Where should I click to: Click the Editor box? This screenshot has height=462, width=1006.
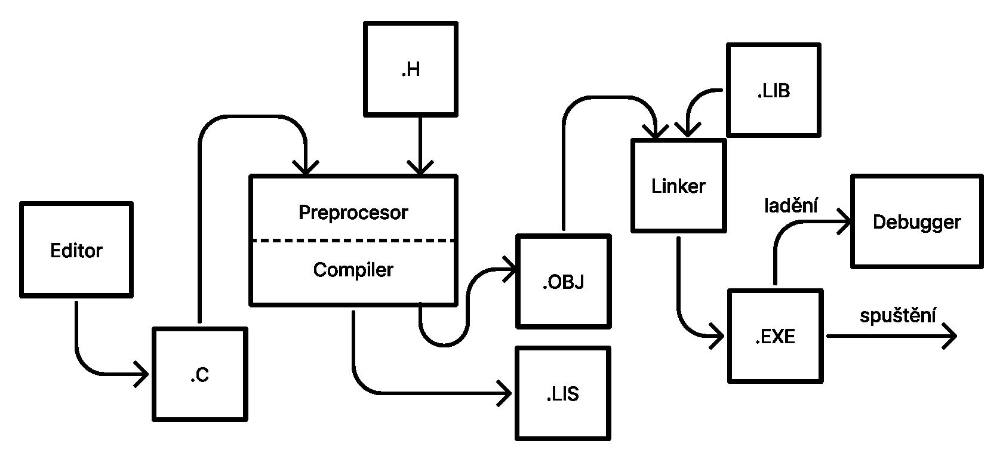(x=76, y=250)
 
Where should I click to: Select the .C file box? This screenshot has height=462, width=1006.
(x=199, y=374)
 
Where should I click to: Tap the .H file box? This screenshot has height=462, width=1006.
(x=411, y=69)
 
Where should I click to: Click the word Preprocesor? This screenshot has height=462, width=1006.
(x=353, y=212)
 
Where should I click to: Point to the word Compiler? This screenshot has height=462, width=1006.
(x=353, y=270)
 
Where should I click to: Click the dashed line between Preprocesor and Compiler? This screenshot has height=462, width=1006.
(x=353, y=241)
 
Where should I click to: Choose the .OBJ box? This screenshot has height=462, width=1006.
(x=563, y=281)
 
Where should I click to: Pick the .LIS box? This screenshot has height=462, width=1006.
(x=563, y=394)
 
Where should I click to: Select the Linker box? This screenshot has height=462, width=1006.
(x=678, y=186)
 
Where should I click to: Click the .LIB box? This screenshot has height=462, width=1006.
(x=773, y=90)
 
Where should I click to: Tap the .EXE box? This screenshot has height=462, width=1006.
(x=775, y=336)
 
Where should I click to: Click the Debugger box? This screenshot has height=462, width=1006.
(x=916, y=221)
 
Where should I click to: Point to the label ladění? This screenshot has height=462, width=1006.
(x=791, y=205)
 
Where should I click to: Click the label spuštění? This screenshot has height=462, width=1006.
(x=897, y=315)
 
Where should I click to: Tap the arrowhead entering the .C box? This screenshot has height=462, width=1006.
(x=142, y=374)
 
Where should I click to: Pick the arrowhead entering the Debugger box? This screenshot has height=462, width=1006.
(x=844, y=221)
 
